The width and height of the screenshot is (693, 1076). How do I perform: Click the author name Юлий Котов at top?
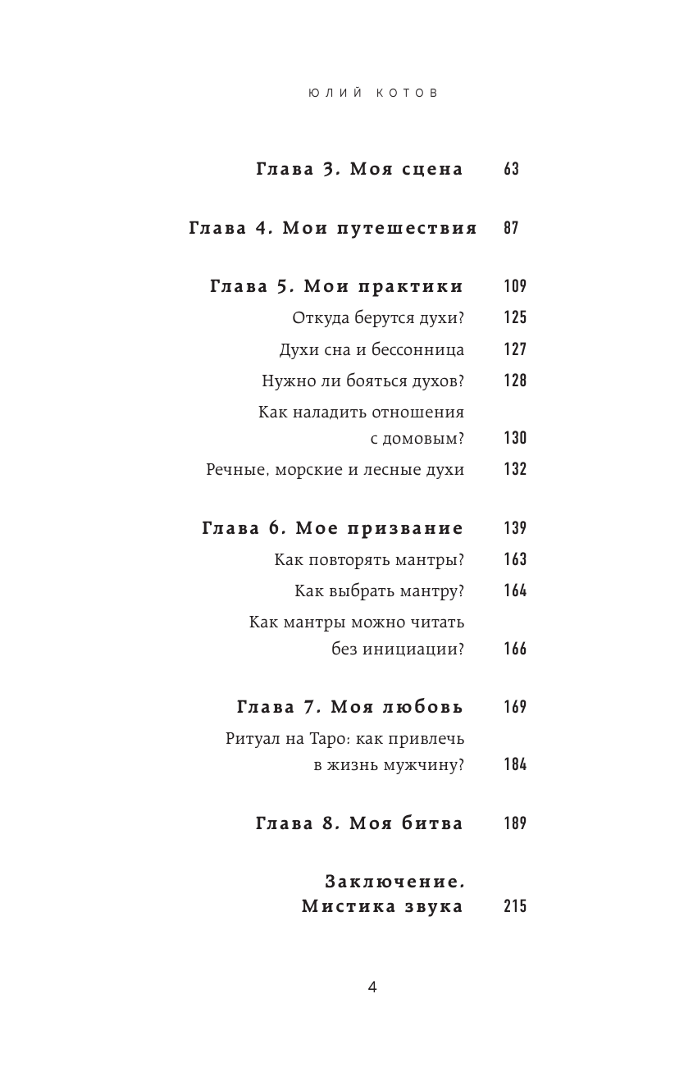point(373,93)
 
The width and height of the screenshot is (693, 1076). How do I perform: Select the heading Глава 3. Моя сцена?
point(359,170)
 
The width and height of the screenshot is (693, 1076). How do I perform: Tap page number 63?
point(511,170)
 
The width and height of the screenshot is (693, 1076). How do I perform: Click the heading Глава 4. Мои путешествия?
point(333,229)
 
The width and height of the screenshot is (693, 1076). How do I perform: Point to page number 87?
point(511,229)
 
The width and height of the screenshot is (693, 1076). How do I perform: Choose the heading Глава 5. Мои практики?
point(337,286)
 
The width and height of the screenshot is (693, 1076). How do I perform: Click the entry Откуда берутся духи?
point(378,318)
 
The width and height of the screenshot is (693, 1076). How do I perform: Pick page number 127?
point(514,349)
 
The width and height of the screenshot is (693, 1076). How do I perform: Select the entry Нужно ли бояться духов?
point(363,381)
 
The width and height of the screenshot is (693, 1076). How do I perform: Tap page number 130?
point(514,438)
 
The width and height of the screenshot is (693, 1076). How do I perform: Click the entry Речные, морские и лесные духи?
point(335,470)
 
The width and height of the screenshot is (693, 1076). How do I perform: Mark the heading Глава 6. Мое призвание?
point(332,528)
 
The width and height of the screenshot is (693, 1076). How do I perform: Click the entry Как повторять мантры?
point(369,560)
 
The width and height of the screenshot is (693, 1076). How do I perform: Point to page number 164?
point(514,591)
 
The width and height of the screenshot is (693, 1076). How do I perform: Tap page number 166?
point(514,650)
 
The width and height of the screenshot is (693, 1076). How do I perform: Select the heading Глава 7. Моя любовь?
point(350,707)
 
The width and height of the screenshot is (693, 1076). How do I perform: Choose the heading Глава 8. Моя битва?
point(359,823)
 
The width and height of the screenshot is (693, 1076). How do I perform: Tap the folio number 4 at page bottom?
point(372,987)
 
